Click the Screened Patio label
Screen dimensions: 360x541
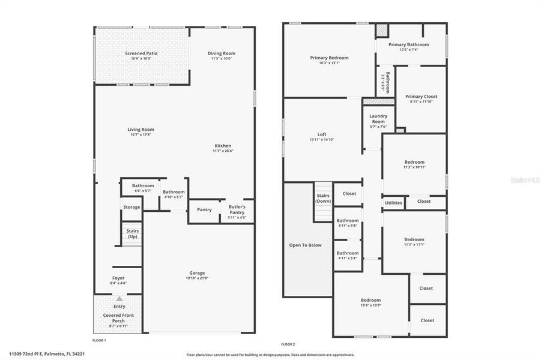141,53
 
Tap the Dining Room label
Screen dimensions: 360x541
220,53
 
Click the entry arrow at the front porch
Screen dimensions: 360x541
119,298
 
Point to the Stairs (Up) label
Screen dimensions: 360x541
131,234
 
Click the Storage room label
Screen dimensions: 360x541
131,207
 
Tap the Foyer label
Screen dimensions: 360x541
118,278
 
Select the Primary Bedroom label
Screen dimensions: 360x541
329,58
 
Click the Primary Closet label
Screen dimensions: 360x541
421,97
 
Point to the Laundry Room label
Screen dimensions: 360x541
378,119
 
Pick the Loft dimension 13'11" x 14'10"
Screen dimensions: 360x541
321,140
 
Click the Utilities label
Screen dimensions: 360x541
393,203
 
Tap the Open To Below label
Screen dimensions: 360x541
306,245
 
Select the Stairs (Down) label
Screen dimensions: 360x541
323,198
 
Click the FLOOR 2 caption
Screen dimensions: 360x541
288,344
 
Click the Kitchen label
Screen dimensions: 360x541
223,146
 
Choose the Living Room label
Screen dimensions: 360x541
141,130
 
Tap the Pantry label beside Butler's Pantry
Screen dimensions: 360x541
204,209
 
